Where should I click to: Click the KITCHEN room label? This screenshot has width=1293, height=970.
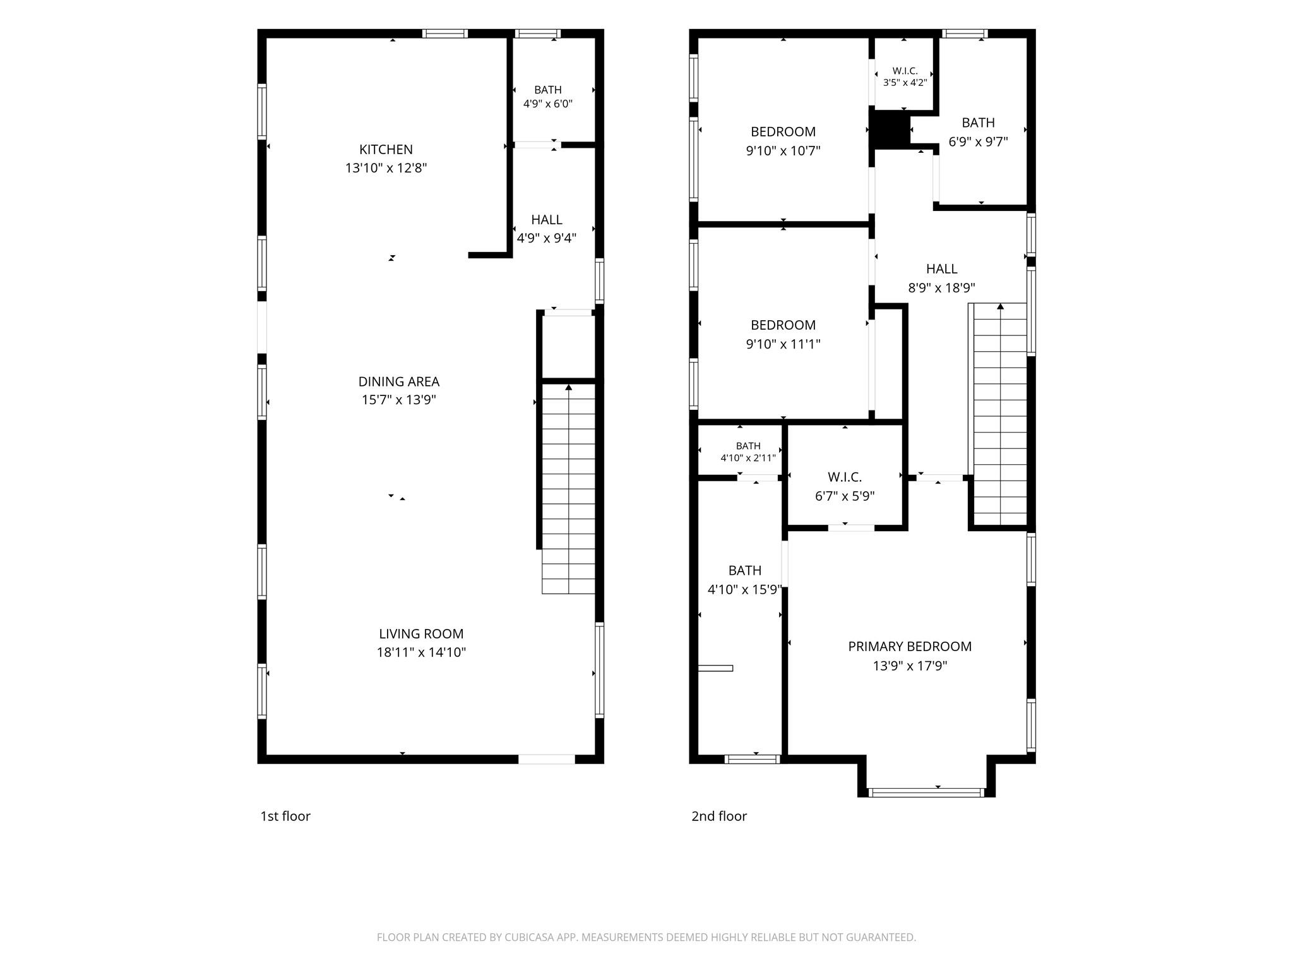(386, 150)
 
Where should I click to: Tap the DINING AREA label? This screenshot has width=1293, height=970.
(398, 381)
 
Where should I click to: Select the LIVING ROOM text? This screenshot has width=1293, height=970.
(421, 633)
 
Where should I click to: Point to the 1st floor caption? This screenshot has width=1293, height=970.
(285, 816)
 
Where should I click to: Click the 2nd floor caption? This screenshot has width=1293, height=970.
(719, 816)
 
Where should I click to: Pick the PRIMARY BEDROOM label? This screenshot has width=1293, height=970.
(910, 646)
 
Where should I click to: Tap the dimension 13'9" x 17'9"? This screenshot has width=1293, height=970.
(910, 666)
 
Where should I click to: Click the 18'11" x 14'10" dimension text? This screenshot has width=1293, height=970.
(421, 652)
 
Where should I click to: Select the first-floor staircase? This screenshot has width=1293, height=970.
(568, 489)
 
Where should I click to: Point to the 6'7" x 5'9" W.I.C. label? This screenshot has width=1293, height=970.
(845, 486)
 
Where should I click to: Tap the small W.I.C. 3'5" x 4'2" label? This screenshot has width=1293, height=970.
(905, 76)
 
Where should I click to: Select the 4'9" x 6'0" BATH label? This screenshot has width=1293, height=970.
(547, 97)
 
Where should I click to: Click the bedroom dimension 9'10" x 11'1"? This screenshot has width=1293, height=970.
(783, 344)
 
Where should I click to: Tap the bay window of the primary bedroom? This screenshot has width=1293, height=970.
(926, 792)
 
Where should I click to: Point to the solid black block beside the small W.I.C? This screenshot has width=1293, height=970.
(890, 129)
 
